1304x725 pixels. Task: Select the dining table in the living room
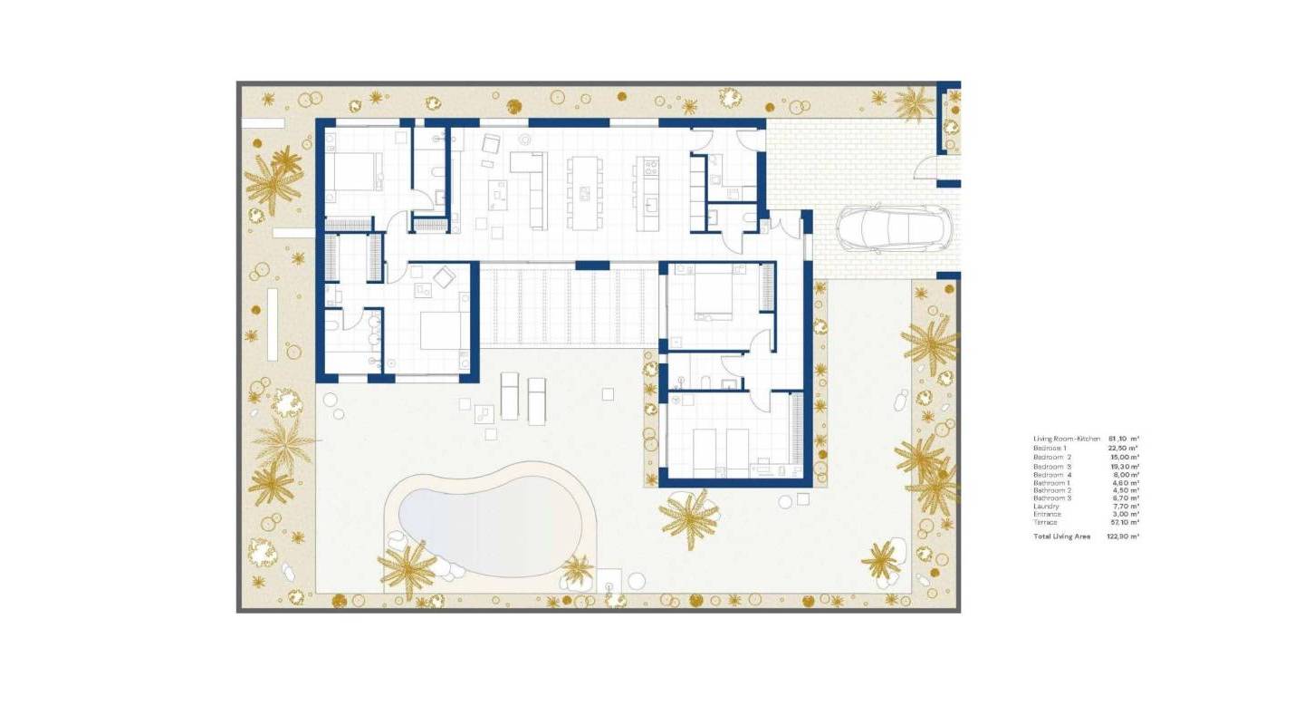(x=584, y=192)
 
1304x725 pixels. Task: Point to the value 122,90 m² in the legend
(x=1123, y=536)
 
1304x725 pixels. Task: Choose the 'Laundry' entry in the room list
(x=1047, y=506)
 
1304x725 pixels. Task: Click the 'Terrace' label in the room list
(x=1046, y=522)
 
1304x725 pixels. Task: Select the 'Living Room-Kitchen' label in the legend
(x=1067, y=439)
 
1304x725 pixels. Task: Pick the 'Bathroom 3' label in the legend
(x=1051, y=498)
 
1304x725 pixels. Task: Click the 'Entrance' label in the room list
(x=1048, y=514)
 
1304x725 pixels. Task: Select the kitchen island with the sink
(x=647, y=192)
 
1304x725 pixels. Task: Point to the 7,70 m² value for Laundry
(x=1127, y=506)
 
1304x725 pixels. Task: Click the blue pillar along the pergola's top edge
(x=592, y=266)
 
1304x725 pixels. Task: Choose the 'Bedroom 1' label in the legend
(x=1051, y=448)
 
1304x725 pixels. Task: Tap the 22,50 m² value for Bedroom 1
(x=1125, y=448)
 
